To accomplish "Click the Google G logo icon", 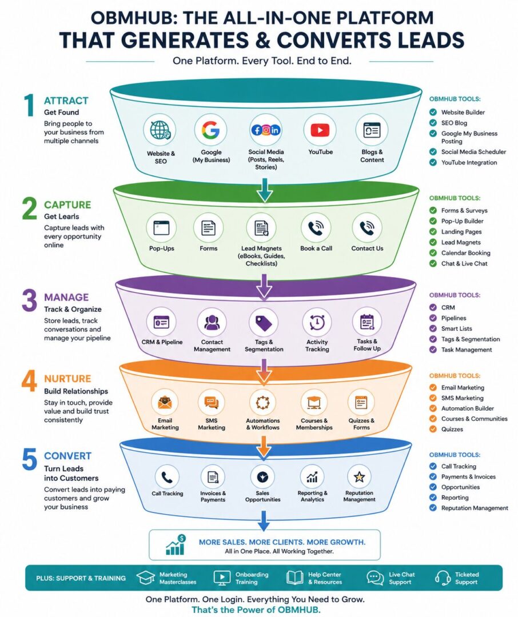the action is click(x=211, y=130).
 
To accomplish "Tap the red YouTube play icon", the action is click(x=320, y=130).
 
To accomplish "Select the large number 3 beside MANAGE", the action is click(x=30, y=301).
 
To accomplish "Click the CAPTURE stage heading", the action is click(x=67, y=205).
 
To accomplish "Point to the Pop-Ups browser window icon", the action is click(x=161, y=227).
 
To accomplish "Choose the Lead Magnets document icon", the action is click(x=261, y=228).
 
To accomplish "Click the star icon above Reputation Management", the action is click(x=359, y=477).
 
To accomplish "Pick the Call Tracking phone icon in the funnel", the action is click(x=167, y=477).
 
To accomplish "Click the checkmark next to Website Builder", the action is click(x=433, y=112).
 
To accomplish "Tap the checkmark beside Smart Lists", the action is click(x=433, y=328).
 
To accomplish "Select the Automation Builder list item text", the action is click(x=467, y=408).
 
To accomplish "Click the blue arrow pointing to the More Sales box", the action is click(x=263, y=520).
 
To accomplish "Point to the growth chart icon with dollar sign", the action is click(x=176, y=545).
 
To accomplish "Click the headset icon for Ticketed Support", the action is click(x=443, y=578).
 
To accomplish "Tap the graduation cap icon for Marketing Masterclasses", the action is click(x=145, y=578).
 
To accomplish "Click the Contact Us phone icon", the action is click(x=366, y=227).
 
